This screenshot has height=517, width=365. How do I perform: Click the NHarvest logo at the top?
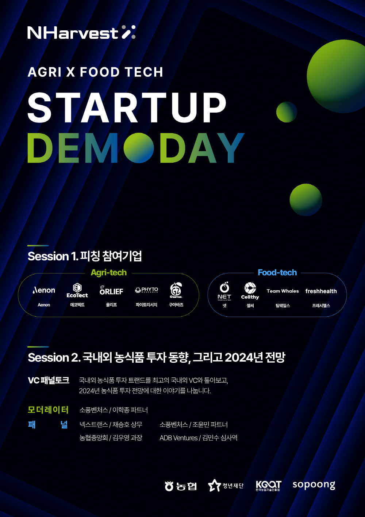81,33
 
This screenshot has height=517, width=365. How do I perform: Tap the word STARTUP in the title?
127,107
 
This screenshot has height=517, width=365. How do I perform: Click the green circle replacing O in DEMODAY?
138,148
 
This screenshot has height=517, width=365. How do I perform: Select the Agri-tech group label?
108,273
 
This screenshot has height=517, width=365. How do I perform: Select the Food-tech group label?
277,273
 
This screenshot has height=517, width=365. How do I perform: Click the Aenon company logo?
44,290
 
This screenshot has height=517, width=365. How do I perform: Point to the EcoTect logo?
77,290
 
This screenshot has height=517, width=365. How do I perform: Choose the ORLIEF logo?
111,291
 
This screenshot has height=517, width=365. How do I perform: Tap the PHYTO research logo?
146,290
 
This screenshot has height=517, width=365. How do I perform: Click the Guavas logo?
176,290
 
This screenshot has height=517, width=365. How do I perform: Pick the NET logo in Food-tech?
224,291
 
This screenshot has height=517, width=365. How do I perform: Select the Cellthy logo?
250,291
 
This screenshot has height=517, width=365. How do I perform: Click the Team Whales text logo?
283,291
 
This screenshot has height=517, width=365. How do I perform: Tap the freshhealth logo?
321,291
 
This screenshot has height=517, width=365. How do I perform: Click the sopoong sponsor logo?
314,485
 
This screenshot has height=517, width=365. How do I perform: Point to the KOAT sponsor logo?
268,485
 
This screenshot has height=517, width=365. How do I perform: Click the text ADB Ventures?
178,438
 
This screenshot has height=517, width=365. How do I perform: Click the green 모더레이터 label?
48,410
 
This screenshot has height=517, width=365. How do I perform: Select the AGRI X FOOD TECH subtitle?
95,72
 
